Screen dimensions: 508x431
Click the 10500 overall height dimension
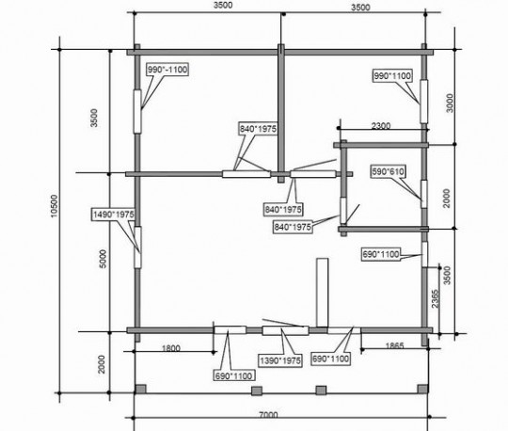55,206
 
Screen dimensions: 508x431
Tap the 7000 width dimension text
268,414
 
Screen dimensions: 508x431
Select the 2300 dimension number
381,125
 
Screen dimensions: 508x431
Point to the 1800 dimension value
170,348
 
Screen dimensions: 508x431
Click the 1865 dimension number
394,345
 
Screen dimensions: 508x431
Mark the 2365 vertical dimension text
436,298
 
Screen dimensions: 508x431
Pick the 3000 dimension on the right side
450,104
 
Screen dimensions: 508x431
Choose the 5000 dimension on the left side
103,259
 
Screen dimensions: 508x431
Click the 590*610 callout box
389,171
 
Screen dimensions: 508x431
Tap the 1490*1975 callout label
114,215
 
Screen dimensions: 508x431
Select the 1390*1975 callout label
280,360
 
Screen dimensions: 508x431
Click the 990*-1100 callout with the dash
167,70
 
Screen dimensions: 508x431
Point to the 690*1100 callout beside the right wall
381,254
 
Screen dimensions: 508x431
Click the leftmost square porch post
140,389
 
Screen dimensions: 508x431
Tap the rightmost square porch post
422,389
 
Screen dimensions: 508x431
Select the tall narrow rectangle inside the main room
322,293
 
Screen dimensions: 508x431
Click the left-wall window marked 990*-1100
137,112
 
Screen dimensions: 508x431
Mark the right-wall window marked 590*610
424,194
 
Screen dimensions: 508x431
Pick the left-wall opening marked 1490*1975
137,247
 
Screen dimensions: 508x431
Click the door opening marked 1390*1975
285,331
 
